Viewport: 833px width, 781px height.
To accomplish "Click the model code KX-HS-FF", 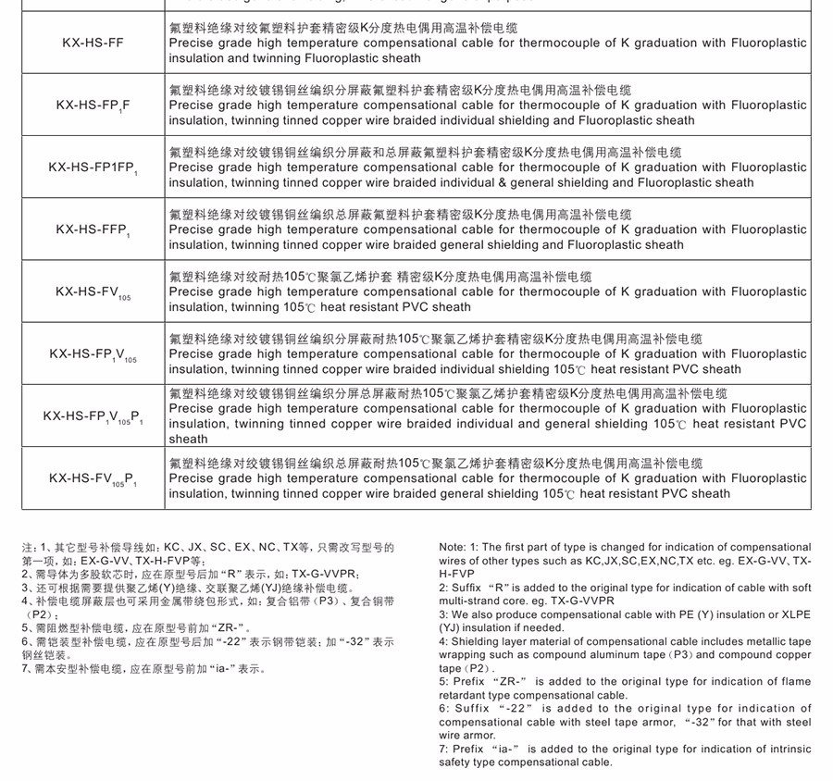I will point(92,43).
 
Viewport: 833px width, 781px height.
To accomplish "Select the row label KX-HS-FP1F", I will point(92,105).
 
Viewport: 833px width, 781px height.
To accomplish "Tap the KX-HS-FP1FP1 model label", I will point(92,167).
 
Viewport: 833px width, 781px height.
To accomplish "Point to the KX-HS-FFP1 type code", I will point(92,229).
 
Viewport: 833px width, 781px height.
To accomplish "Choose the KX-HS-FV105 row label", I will point(92,291).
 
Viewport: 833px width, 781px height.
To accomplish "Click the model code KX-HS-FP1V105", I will point(92,354).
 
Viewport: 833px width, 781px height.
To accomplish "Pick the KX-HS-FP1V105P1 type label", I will point(92,416).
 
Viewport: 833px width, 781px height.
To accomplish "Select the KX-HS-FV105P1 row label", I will point(92,478).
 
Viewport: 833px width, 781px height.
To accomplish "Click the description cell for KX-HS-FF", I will point(488,43).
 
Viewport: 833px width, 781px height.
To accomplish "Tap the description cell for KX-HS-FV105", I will point(488,291).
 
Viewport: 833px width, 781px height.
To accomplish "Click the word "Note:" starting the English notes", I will point(454,548).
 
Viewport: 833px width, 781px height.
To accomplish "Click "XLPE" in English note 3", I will point(794,614).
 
